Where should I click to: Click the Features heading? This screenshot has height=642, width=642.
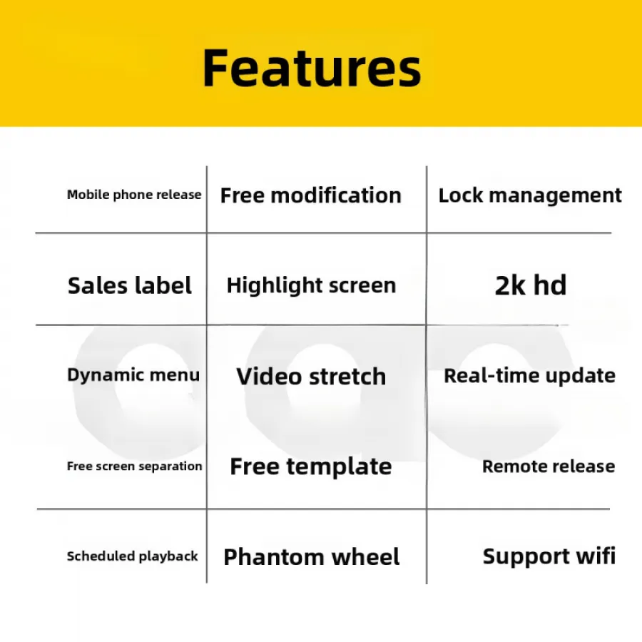tap(312, 68)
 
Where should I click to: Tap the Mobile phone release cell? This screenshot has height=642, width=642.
tap(134, 195)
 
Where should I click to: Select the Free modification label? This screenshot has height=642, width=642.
tap(311, 195)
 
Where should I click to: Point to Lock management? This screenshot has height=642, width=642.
tap(530, 195)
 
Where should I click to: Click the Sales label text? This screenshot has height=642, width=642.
tap(129, 285)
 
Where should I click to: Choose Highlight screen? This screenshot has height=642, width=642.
tap(311, 285)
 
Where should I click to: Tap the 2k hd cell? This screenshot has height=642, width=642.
tap(531, 285)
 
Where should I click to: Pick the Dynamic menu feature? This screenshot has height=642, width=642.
tap(133, 375)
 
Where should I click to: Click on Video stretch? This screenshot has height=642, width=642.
tap(311, 376)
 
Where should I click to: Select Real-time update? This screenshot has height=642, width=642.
tap(530, 376)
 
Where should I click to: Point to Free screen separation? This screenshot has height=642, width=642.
tap(135, 466)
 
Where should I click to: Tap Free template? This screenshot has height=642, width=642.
tap(311, 467)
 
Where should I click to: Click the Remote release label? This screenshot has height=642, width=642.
tap(549, 467)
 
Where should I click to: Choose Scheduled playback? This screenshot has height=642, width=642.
tap(133, 556)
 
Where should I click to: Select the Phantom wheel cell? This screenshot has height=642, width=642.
tap(312, 557)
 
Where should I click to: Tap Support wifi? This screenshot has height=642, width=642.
tap(549, 556)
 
